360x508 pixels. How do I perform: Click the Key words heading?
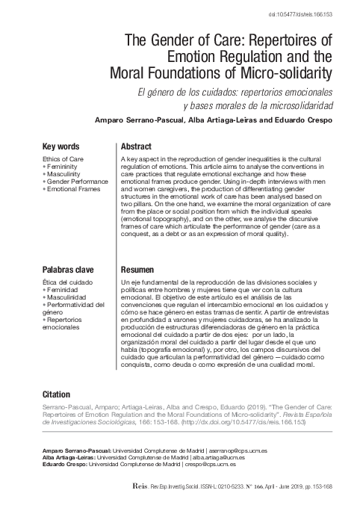click(66, 146)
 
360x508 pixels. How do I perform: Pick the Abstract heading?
click(136, 146)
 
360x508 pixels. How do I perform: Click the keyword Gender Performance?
click(79, 182)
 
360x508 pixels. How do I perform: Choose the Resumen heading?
click(137, 269)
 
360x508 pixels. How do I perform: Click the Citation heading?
click(57, 394)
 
